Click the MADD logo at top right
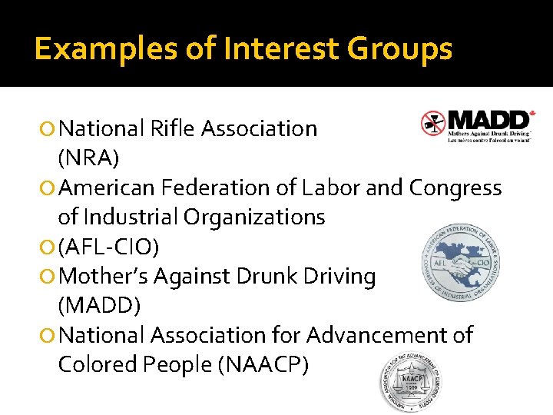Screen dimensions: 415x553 478,125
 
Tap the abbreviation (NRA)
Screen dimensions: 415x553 88,158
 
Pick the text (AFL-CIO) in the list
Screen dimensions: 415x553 114,247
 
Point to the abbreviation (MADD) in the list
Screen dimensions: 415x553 99,306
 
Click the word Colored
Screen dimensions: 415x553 96,365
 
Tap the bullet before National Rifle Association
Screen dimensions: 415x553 48,129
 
